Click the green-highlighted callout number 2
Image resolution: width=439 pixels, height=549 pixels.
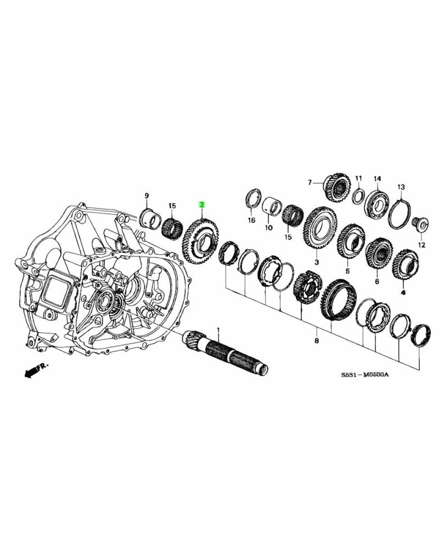pos(202,205)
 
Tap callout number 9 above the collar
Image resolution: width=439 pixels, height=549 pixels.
pos(147,195)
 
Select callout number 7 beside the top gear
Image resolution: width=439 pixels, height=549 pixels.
pos(309,182)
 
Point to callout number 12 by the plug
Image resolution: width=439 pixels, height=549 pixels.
pos(421,245)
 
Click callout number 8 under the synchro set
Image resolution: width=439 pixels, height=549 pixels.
pos(316,341)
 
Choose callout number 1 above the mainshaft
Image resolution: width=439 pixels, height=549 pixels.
pos(218,329)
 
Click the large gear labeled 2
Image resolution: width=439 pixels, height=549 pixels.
pos(200,240)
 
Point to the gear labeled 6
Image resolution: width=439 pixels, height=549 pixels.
pos(379,253)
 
